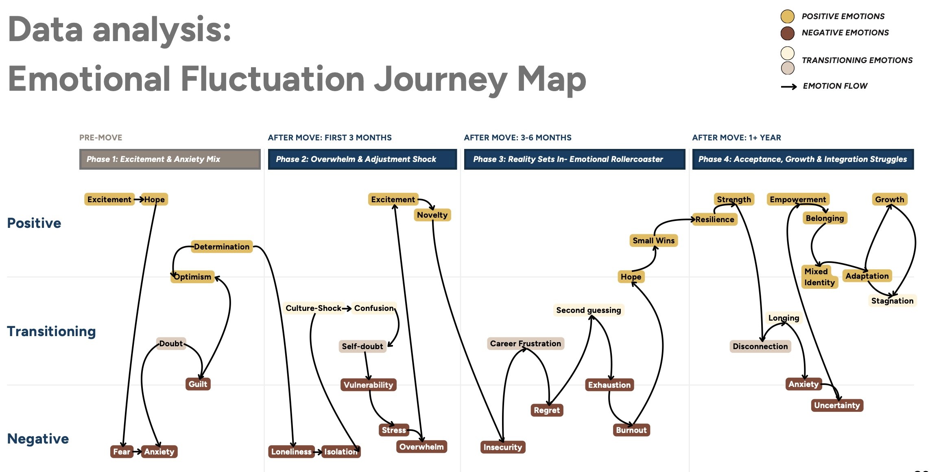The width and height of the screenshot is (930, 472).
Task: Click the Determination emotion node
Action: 222,247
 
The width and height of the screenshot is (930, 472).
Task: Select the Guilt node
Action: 198,384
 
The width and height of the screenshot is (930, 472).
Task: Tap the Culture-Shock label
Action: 313,308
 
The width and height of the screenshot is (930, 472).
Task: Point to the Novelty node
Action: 432,215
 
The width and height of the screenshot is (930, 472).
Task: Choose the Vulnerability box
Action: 368,385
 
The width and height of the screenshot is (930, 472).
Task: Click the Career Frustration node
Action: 525,343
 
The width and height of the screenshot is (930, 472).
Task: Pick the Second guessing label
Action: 588,310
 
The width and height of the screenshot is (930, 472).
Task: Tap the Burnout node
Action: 631,430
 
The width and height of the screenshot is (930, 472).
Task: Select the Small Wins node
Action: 653,240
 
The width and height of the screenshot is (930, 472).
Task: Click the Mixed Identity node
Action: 819,277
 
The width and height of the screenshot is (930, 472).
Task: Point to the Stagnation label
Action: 892,301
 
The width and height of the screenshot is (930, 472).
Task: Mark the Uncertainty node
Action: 837,405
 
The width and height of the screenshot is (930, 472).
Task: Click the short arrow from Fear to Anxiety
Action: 137,451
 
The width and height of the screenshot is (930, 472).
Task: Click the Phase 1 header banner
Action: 170,159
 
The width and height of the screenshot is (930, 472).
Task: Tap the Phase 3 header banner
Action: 574,159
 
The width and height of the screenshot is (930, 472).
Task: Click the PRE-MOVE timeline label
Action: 100,138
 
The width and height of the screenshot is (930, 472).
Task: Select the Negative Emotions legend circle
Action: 788,33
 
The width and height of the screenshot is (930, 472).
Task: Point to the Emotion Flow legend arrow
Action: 789,86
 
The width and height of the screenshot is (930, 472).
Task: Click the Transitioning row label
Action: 51,331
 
